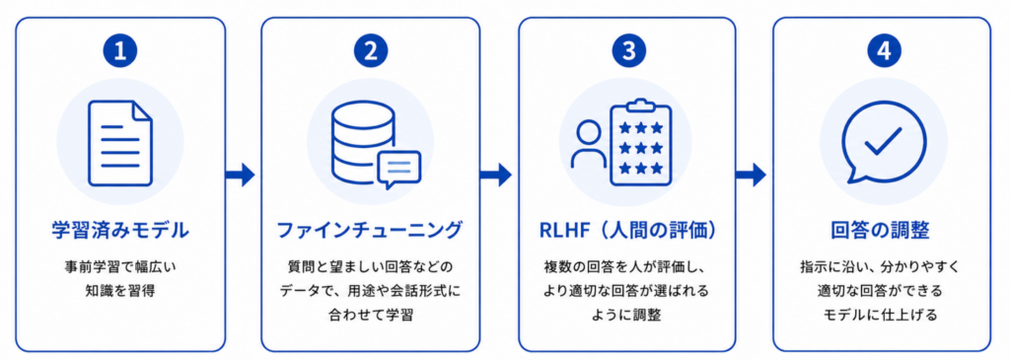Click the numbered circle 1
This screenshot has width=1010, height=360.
[120, 53]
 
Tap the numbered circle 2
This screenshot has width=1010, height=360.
[371, 53]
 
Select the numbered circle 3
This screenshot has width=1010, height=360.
[628, 53]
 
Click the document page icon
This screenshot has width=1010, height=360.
[120, 143]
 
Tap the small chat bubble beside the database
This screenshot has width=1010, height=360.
[399, 170]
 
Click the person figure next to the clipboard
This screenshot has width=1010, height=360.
[590, 145]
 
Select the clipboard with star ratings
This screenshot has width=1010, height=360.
[641, 142]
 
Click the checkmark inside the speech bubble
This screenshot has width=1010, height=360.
[883, 140]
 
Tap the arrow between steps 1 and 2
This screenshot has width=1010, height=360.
[241, 174]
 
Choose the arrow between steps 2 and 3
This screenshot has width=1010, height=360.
[496, 174]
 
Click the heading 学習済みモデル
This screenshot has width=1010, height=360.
[120, 230]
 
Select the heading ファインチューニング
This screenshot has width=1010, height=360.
[370, 230]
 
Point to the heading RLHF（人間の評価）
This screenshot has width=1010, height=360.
[627, 230]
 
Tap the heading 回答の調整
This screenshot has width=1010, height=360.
[882, 230]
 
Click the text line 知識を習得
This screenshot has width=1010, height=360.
[120, 290]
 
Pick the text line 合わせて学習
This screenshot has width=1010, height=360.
[370, 316]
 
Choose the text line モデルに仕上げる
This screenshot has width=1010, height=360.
[882, 316]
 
